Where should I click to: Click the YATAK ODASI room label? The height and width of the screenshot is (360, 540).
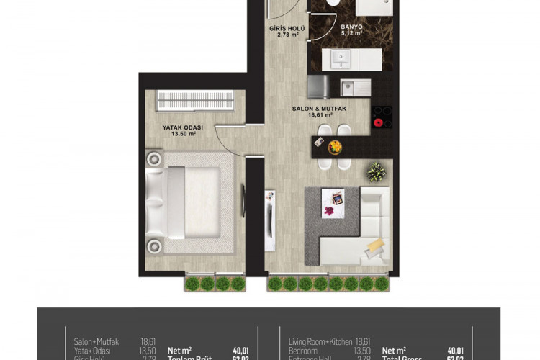pyautogui.click(x=182, y=127)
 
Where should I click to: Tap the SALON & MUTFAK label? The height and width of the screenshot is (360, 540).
pyautogui.click(x=319, y=108)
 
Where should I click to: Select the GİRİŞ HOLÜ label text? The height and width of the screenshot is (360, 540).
pyautogui.click(x=287, y=28)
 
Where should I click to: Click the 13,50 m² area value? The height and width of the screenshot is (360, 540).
pyautogui.click(x=182, y=134)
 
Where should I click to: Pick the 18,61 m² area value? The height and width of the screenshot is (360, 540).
pyautogui.click(x=319, y=114)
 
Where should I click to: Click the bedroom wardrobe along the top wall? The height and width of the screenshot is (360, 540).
pyautogui.click(x=195, y=100)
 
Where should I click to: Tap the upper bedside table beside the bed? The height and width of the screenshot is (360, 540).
pyautogui.click(x=153, y=158)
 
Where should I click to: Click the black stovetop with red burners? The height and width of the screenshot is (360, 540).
pyautogui.click(x=382, y=117)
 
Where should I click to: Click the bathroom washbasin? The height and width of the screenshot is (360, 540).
pyautogui.click(x=335, y=58)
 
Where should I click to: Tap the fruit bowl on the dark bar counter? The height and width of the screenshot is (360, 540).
pyautogui.click(x=335, y=147)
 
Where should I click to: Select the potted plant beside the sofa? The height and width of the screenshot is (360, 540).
pyautogui.click(x=376, y=172)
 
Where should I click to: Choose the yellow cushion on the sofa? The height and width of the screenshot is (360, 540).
pyautogui.click(x=374, y=247)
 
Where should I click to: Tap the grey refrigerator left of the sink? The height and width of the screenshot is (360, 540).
pyautogui.click(x=318, y=86)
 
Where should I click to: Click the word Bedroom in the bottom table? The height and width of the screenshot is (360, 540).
pyautogui.click(x=302, y=351)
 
